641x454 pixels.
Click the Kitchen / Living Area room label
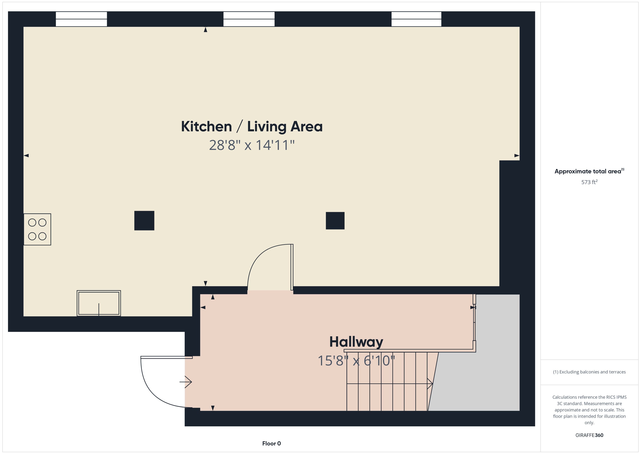tap(252, 127)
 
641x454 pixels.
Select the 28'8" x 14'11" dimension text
tap(252, 145)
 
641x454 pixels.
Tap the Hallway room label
tap(356, 342)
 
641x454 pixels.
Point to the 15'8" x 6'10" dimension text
tap(356, 361)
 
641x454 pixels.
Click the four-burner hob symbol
tap(37, 229)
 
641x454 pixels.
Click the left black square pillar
tap(144, 220)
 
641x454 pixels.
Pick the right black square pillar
tap(335, 220)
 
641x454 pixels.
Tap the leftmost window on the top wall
tap(81, 19)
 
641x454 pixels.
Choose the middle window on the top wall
tap(249, 19)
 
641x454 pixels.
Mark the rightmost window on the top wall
tap(416, 19)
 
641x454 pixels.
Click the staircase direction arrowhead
tap(430, 384)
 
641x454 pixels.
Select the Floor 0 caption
tap(271, 443)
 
